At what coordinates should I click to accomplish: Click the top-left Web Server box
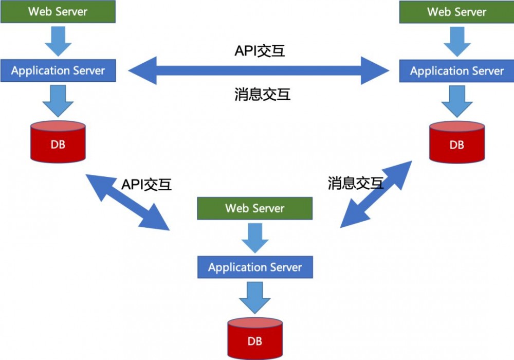58,11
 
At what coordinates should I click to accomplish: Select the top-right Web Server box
456,12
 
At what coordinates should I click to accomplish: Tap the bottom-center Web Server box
254,208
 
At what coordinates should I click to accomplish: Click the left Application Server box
58,70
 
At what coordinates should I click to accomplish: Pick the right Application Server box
456,71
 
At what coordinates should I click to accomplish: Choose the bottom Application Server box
254,267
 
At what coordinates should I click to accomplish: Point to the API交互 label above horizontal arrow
260,51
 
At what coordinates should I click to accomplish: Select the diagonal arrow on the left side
127,202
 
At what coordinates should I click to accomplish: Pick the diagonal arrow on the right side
376,194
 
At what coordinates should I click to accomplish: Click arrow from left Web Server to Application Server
58,41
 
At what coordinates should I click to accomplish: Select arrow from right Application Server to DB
456,100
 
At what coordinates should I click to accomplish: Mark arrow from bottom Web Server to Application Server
254,237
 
